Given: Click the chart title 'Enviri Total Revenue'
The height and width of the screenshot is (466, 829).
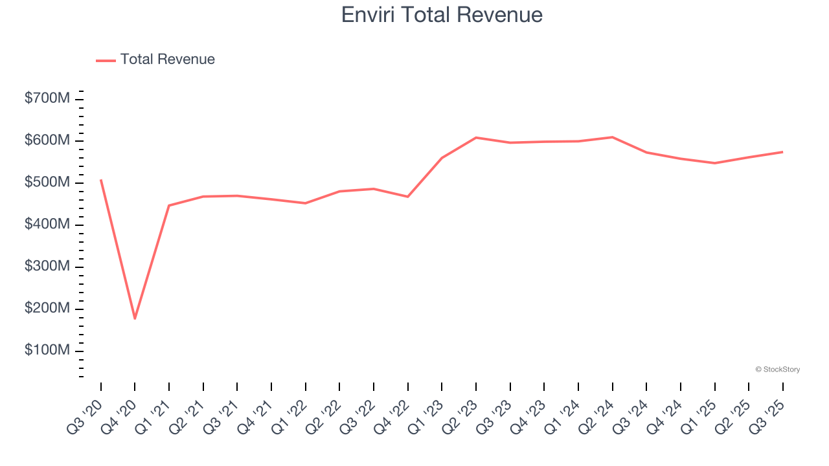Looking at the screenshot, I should click(442, 15).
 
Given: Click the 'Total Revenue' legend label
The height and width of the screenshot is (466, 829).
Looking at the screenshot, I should click(167, 60).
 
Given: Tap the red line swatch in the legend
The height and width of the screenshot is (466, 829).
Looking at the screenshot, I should click(106, 60).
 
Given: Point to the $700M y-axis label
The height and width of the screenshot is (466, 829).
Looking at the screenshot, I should click(47, 98).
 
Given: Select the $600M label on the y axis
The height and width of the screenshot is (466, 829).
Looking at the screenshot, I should click(47, 140).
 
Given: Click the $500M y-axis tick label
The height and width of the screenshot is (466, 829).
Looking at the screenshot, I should click(47, 183).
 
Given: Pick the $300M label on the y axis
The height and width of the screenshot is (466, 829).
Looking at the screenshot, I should click(47, 267).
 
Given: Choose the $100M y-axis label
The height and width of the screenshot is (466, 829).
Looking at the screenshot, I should click(47, 350).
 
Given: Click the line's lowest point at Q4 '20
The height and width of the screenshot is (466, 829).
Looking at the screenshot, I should click(135, 318).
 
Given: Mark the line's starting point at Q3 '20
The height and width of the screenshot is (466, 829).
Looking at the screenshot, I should click(101, 180).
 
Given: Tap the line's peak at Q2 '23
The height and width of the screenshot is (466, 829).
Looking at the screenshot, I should click(476, 137).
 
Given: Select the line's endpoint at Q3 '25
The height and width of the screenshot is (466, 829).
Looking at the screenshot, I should click(782, 152).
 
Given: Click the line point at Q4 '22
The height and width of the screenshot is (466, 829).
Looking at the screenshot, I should click(408, 197).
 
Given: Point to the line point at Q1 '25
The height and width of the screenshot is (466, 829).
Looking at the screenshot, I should click(714, 163).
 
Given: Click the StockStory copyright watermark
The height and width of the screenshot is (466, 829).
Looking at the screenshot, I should click(777, 370).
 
